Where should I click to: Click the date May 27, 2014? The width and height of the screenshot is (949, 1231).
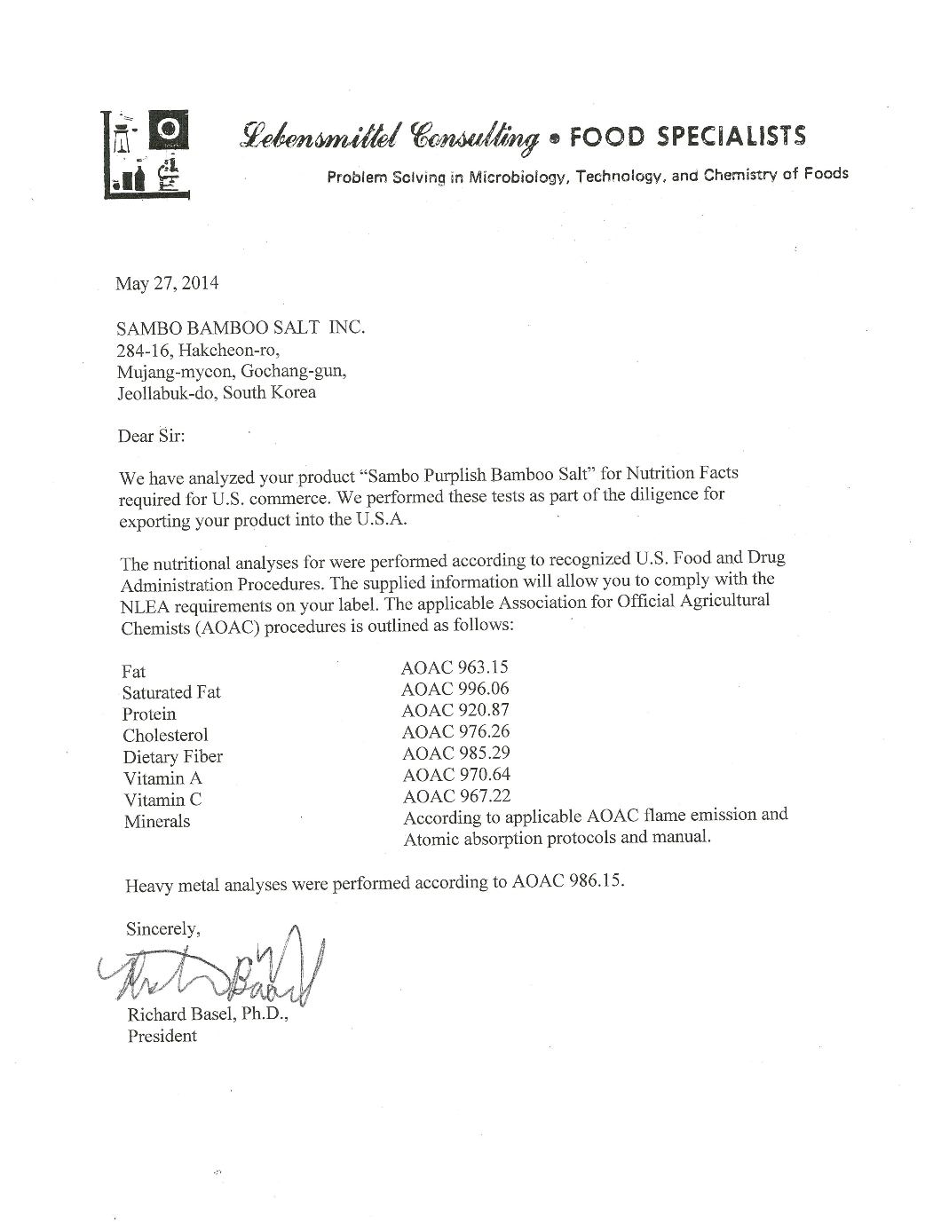pos(167,284)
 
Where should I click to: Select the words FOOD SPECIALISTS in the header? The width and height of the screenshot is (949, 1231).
pos(687,136)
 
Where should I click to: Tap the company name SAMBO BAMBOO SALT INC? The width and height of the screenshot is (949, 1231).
pos(241,327)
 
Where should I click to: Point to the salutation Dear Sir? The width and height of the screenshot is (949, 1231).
pos(151,436)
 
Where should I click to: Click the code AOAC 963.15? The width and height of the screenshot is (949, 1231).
pos(455,667)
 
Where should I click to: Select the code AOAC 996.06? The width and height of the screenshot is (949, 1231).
pos(455,689)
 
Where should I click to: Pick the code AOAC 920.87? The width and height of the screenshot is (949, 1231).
pos(455,710)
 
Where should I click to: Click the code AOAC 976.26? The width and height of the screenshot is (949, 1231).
pos(455,732)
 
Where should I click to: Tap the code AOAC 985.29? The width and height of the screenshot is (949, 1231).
pos(455,754)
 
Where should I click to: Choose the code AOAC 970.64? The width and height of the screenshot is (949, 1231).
pos(455,775)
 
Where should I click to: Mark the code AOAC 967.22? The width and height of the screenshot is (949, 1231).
pos(455,796)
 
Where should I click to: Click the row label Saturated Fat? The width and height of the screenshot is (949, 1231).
pos(171,692)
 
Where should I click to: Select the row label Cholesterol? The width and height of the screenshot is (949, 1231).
pos(165,735)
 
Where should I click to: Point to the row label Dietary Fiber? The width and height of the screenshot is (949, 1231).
pos(172,757)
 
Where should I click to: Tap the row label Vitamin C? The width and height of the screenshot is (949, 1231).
pos(162,800)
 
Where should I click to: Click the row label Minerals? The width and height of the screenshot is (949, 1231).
pos(157,821)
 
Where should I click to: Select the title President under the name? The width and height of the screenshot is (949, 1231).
pos(162,1036)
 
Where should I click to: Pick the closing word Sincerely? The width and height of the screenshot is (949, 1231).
pos(163,929)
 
